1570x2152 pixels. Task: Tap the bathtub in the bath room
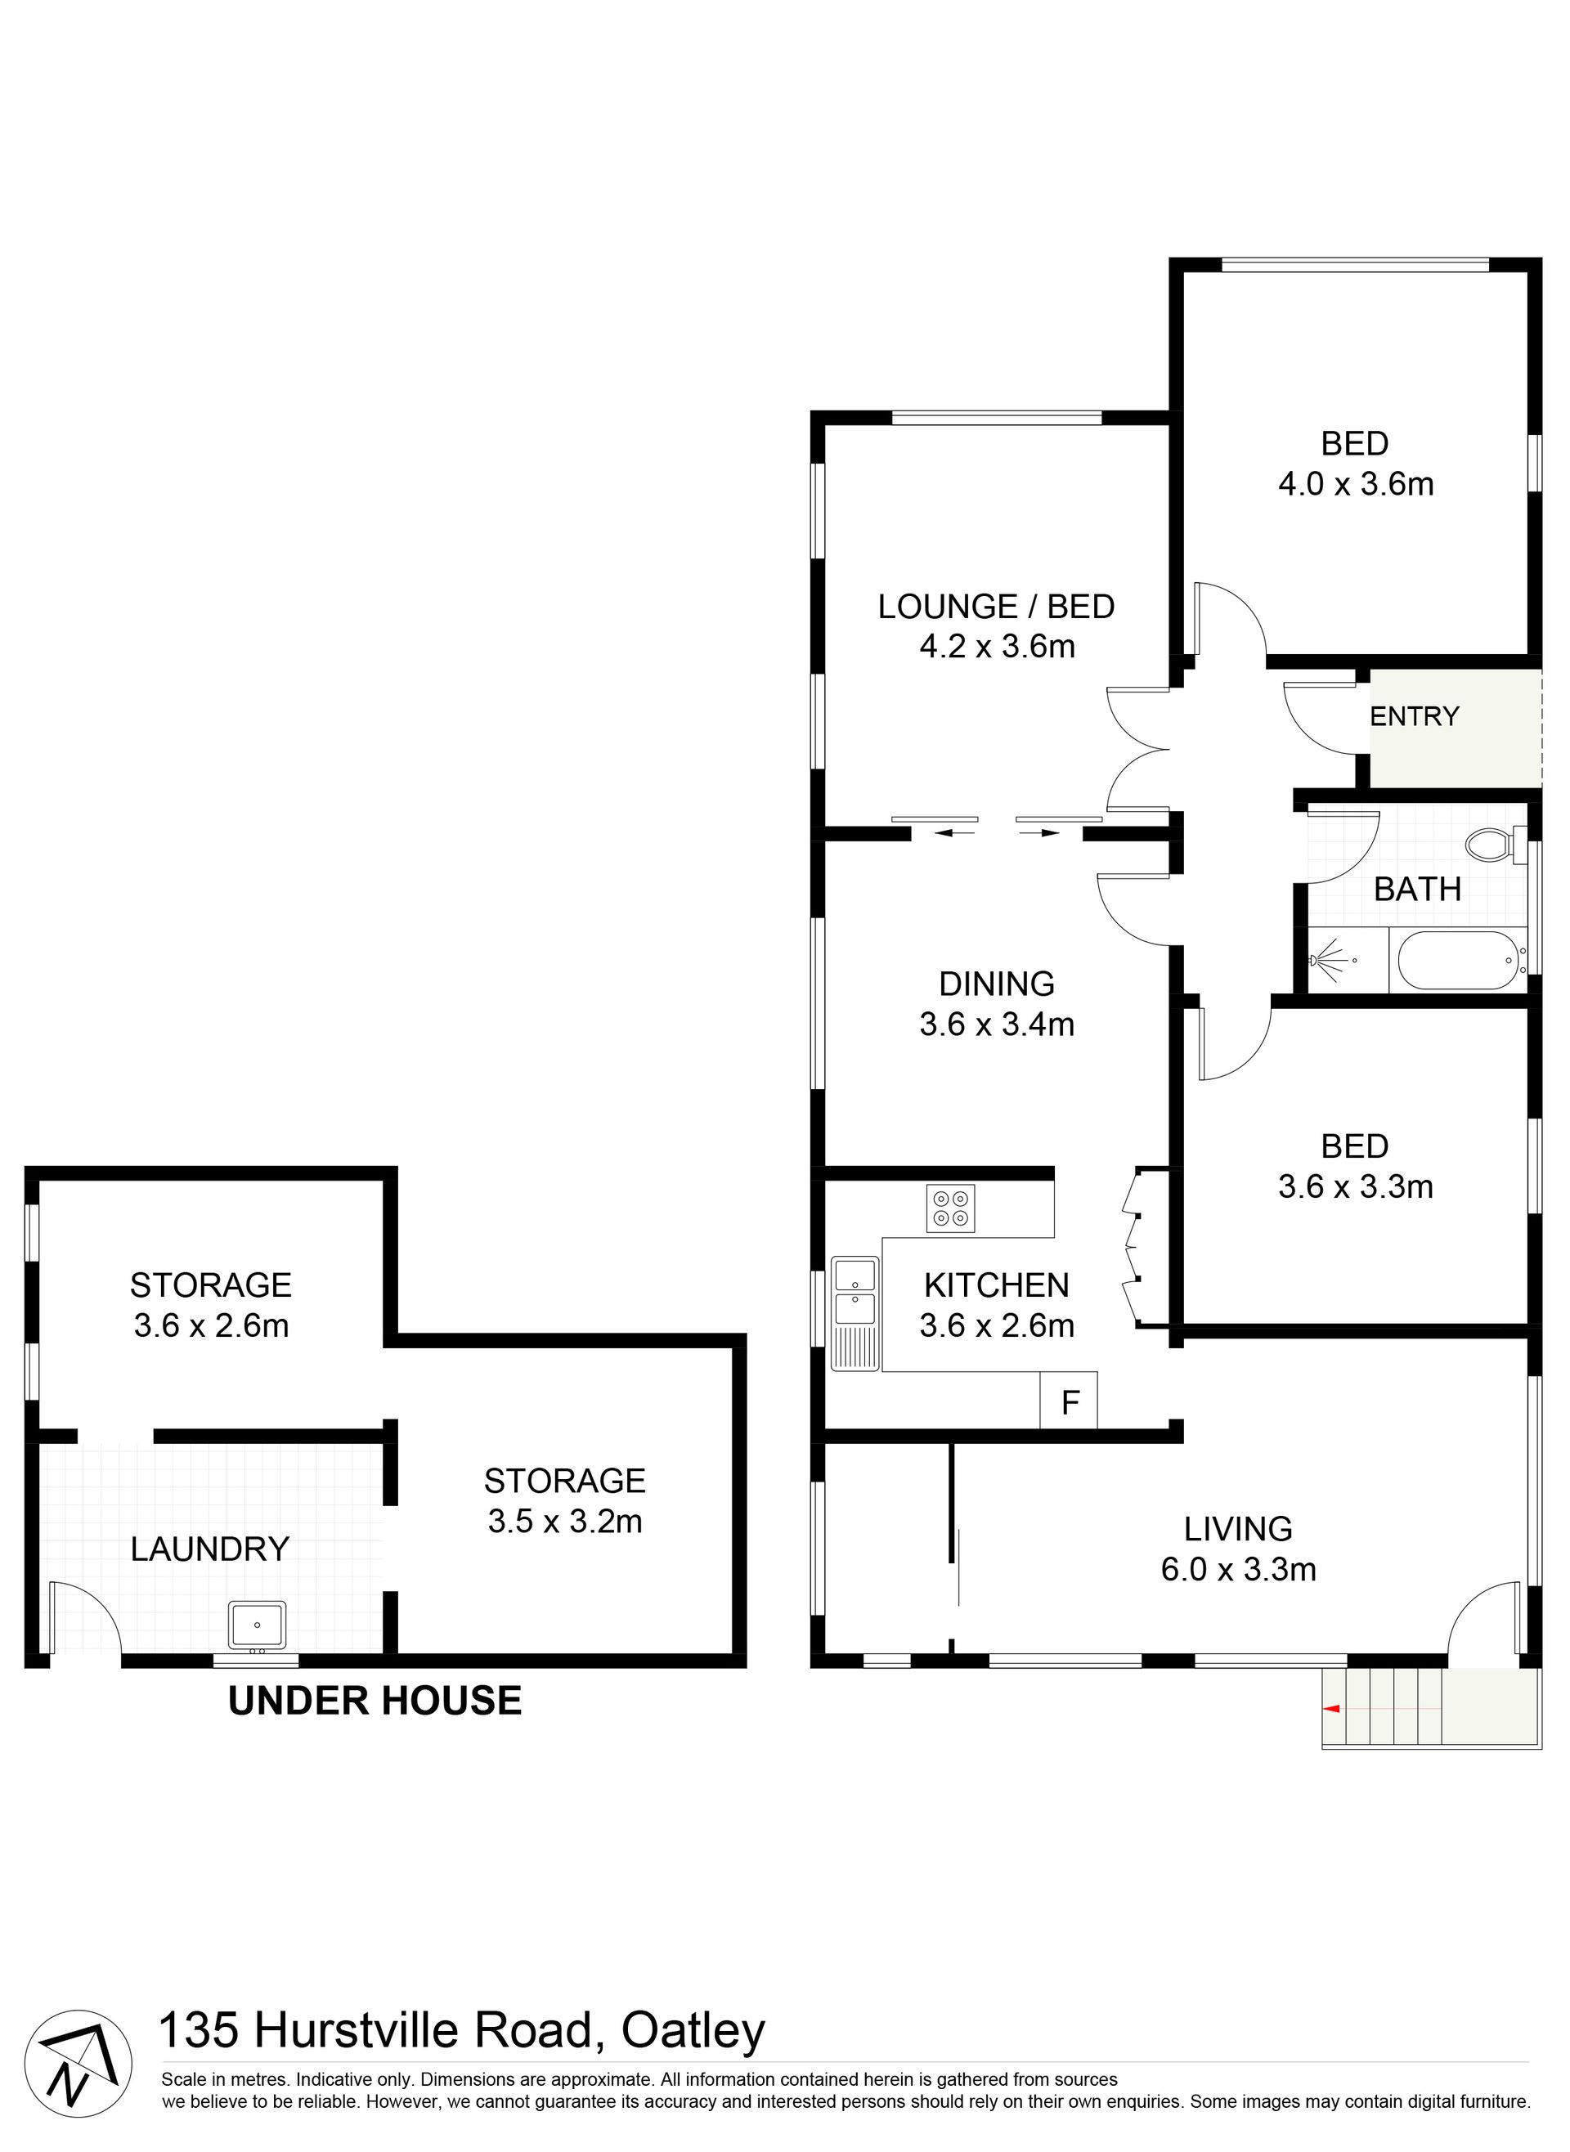click(x=1458, y=961)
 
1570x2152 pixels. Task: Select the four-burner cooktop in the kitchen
click(x=950, y=1208)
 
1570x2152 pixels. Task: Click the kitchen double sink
click(x=855, y=1314)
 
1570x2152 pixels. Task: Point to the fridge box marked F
click(x=1070, y=1401)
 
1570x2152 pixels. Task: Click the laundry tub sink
click(x=257, y=1625)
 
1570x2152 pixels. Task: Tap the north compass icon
click(x=77, y=2063)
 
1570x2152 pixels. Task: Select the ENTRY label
click(x=1414, y=716)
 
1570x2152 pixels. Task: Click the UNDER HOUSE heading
click(x=375, y=1701)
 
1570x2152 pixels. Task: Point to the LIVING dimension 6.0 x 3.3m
click(x=1238, y=1569)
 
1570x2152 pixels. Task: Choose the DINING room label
click(x=997, y=984)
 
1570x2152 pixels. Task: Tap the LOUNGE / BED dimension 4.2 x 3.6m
click(x=997, y=646)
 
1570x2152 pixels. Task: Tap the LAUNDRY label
click(x=210, y=1549)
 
